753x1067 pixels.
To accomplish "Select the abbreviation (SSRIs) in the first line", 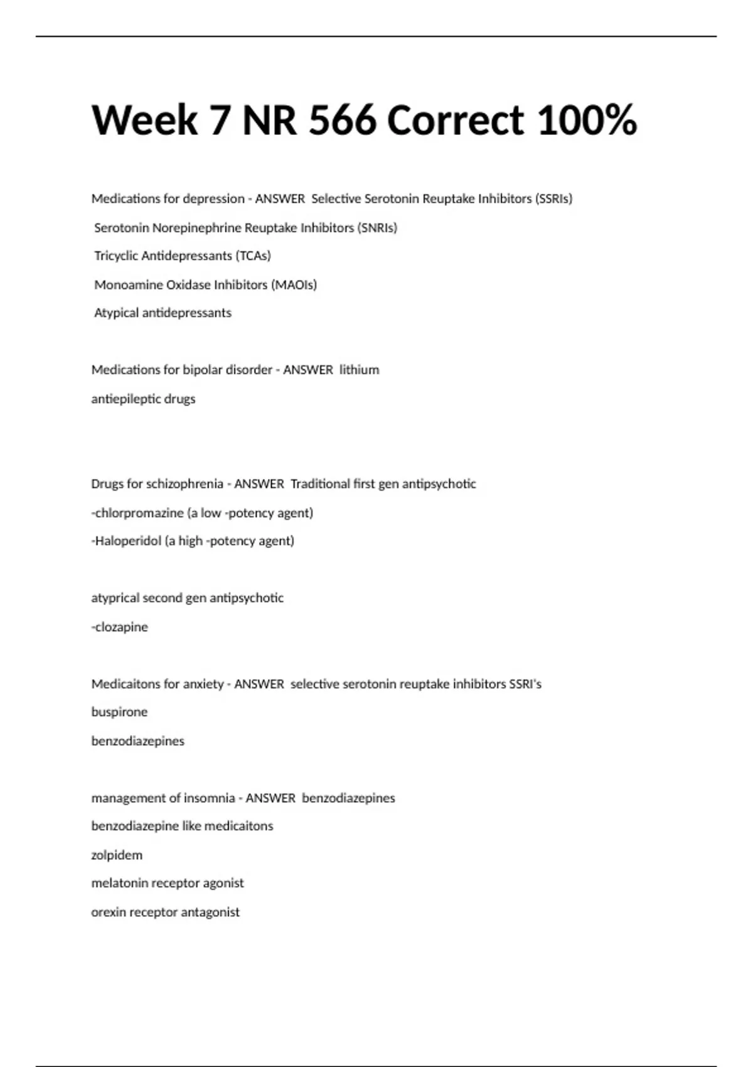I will click(x=553, y=199).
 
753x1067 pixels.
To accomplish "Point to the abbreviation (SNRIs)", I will click(x=377, y=228).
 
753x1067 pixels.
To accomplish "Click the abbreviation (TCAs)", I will click(x=253, y=256).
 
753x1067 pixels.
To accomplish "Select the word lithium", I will click(x=360, y=370).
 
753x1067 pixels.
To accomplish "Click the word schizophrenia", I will click(x=184, y=484).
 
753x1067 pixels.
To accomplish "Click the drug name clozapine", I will click(x=121, y=627).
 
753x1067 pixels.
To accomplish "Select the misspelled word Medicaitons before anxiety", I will click(x=122, y=684).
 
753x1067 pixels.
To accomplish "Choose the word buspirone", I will click(x=119, y=712).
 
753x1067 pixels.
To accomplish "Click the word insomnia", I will click(x=209, y=798).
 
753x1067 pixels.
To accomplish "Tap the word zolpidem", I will click(x=117, y=855).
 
